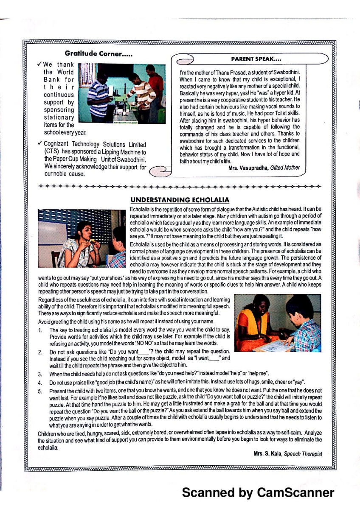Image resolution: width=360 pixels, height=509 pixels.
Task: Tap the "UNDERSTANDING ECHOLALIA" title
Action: pyautogui.click(x=180, y=200)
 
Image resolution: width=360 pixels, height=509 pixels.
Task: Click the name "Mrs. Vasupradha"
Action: pyautogui.click(x=248, y=168)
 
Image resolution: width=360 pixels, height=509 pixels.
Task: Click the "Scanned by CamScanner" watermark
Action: pyautogui.click(x=258, y=492)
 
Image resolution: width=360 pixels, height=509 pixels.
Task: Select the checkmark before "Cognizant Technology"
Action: pyautogui.click(x=39, y=144)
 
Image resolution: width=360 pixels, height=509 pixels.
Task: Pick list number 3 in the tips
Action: pyautogui.click(x=40, y=374)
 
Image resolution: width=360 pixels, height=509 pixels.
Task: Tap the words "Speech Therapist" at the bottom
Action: pyautogui.click(x=303, y=454)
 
